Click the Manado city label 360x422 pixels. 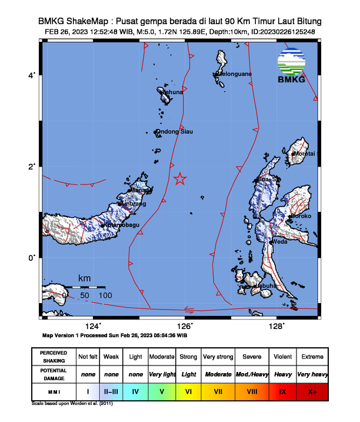pos(140,191)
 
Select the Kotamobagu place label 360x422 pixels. pos(123,225)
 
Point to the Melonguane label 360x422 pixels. pos(235,74)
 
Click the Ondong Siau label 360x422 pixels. pos(175,132)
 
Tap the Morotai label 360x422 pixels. pos(305,154)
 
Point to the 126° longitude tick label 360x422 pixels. pos(185,326)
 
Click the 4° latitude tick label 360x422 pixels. pos(33,75)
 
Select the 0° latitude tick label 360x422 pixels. pos(33,257)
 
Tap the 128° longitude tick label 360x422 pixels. pos(276,326)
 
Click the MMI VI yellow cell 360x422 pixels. pos(188,391)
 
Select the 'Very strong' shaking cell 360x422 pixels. pos(218,357)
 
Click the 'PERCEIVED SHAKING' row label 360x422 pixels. pos(54,357)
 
